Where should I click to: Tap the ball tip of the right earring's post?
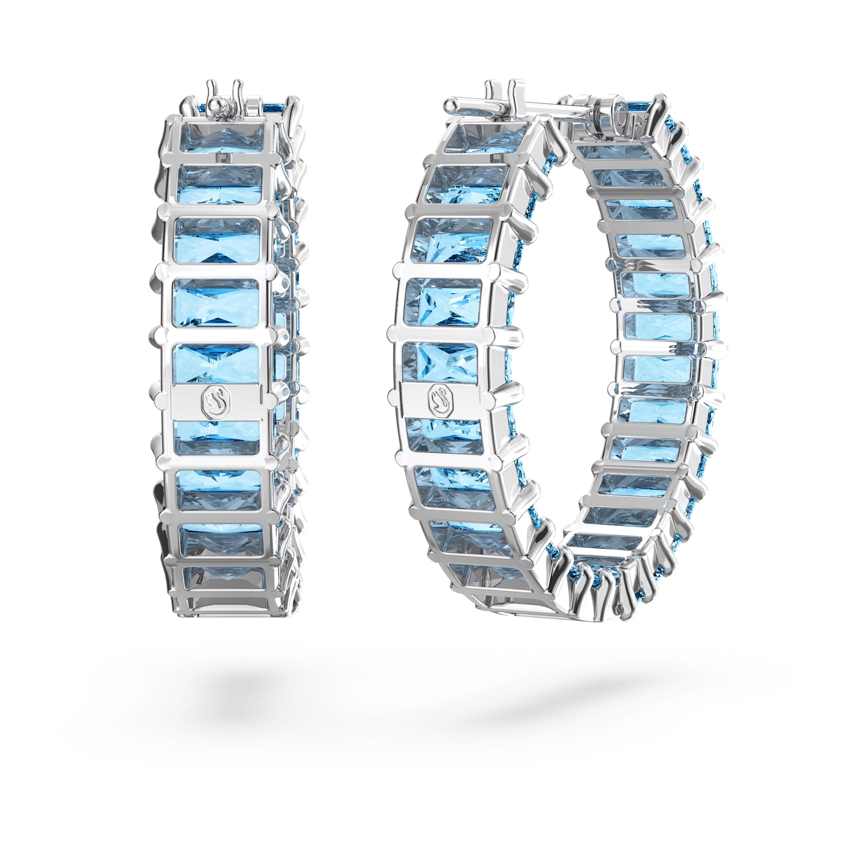point(451,105)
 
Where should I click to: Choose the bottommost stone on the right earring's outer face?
point(487,578)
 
